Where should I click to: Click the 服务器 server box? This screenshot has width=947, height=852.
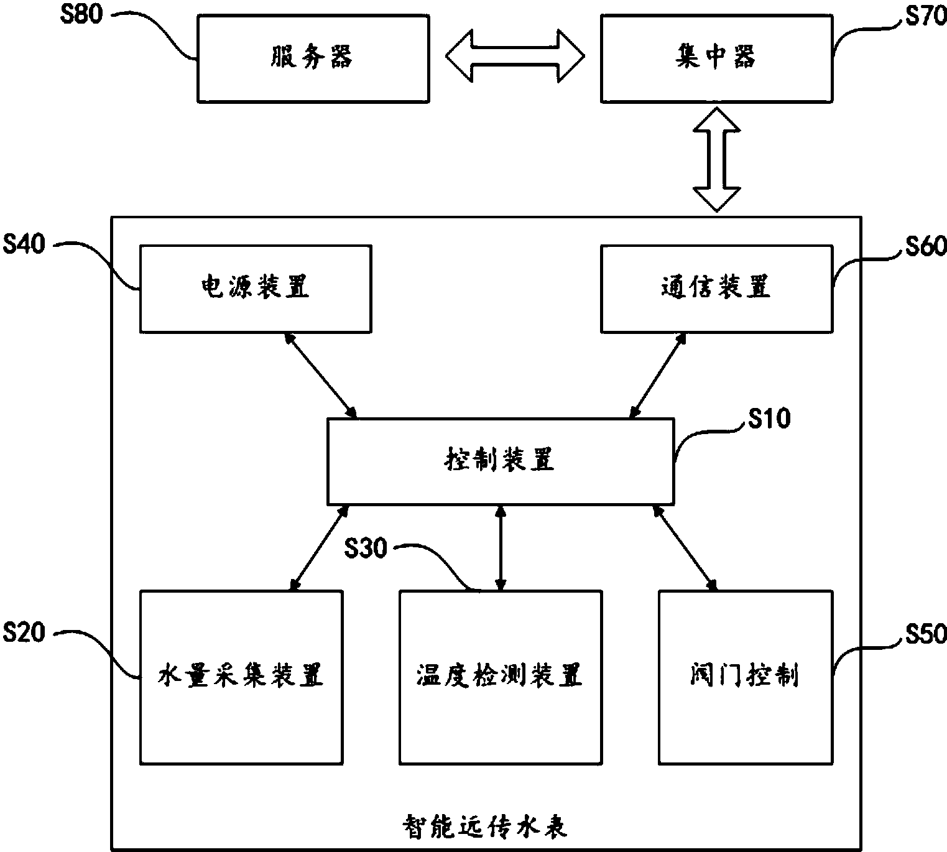coord(313,58)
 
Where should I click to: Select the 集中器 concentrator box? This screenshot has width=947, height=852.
coord(716,58)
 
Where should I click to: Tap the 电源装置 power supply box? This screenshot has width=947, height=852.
coord(256,288)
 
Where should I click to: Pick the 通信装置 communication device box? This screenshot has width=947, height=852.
coord(716,288)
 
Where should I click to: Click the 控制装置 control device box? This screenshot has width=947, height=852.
coord(500,461)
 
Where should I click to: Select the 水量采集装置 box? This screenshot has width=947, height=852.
coord(241,677)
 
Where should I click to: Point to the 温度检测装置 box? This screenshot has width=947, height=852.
coord(500,677)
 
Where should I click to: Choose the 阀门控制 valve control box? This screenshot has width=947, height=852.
coord(744,677)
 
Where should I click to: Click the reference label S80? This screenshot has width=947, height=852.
coord(81,14)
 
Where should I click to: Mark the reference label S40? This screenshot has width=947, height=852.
coord(24,244)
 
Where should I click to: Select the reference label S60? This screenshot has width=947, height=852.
coord(925,246)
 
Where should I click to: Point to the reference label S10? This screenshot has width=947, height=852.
coord(769,419)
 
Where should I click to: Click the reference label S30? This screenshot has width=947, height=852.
coord(366,549)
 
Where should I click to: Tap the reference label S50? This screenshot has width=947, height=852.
coord(925,634)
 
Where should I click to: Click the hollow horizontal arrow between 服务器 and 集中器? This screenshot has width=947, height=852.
coord(515,56)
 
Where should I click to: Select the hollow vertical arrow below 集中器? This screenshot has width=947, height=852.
coord(717,160)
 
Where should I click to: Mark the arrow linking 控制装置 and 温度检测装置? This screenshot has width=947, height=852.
coord(500,547)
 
